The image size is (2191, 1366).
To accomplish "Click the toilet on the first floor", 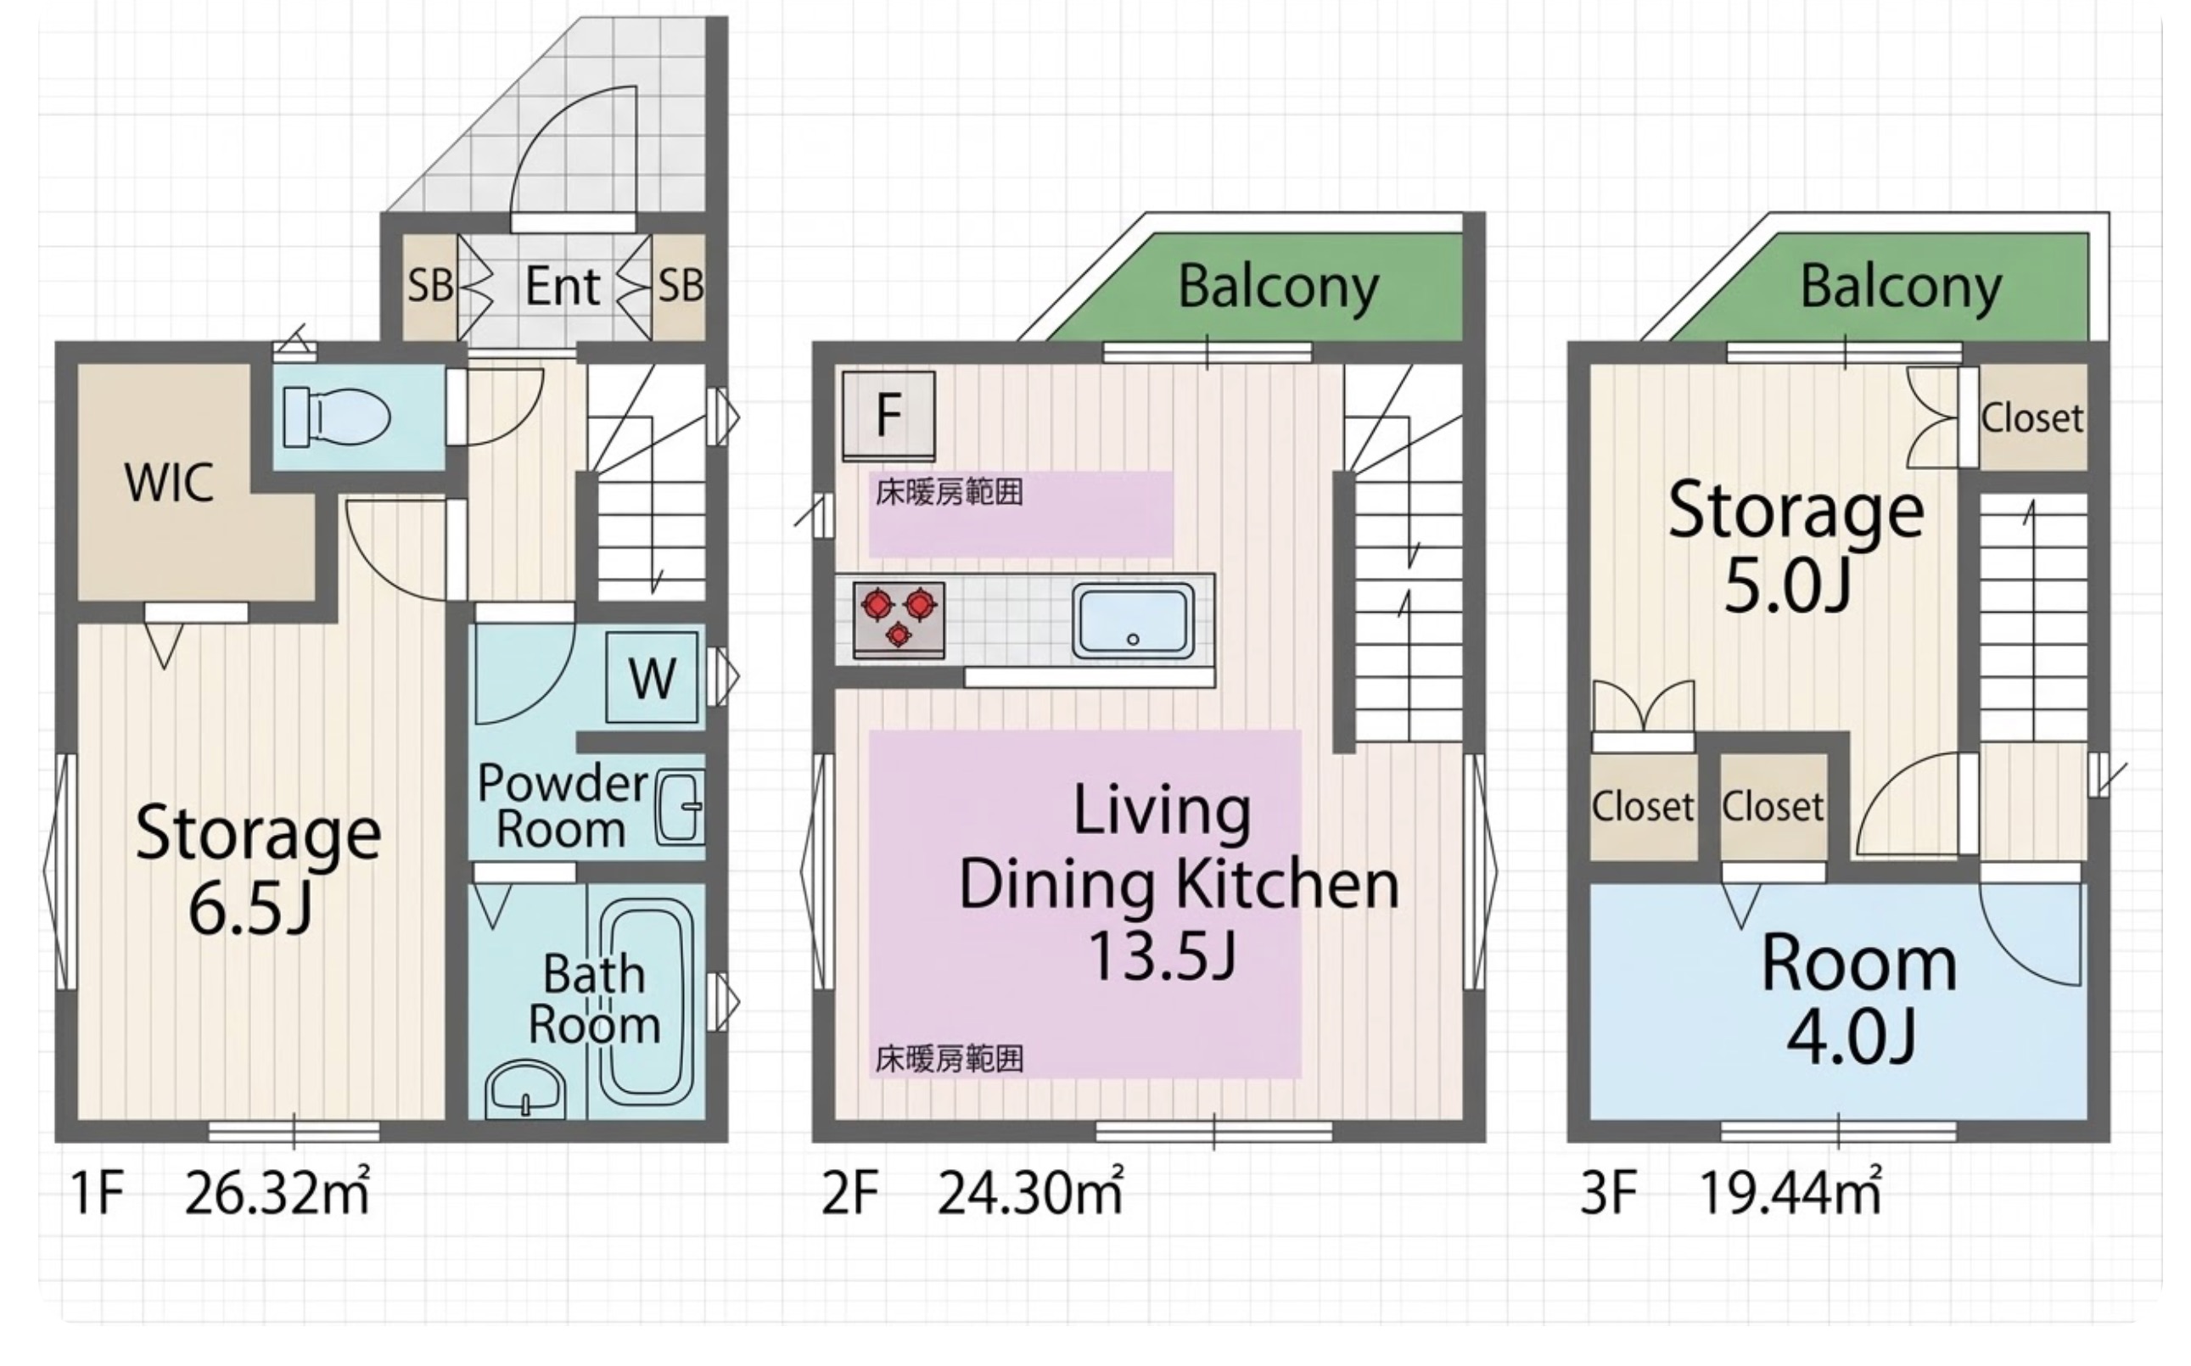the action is point(335,417).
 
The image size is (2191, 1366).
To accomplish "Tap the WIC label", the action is point(170,483).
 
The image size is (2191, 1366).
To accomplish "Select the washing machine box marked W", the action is point(652,677).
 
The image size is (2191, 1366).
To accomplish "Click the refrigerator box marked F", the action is point(888,416).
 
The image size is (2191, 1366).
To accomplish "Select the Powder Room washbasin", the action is point(679,807).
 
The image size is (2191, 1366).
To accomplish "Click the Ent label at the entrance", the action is point(562,287).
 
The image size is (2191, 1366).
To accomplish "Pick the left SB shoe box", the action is point(429,287).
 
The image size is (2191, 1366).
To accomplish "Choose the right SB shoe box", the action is point(680,287).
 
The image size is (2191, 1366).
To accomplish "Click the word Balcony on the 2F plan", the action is point(1278,288).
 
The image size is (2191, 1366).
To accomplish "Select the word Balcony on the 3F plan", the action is point(1901,288).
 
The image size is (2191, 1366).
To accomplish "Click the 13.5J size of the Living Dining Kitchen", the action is point(1162,955).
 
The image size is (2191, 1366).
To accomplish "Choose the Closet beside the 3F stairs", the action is point(2032,417).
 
